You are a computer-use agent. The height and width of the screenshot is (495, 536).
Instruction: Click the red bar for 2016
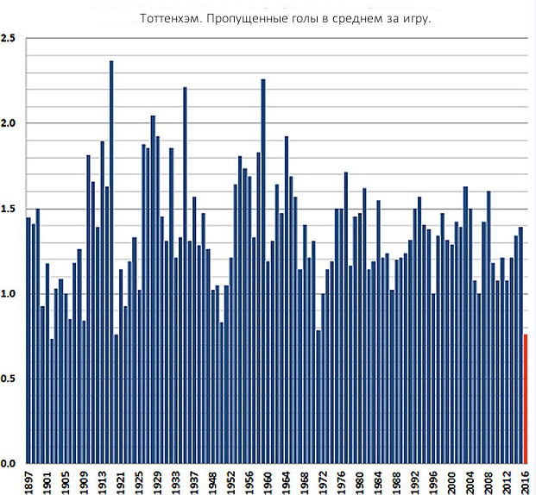[524, 398]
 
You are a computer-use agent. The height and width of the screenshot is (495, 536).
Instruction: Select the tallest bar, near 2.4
[111, 259]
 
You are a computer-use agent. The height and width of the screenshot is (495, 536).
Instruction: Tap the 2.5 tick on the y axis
[9, 39]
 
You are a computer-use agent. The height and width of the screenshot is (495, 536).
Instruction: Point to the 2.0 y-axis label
[9, 123]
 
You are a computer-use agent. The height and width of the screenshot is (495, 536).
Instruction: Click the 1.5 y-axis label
[9, 209]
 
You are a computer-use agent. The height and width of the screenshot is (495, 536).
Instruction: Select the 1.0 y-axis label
[9, 294]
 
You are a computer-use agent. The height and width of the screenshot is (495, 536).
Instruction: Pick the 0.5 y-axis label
[9, 379]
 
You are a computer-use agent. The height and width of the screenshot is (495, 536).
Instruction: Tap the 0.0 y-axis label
[9, 464]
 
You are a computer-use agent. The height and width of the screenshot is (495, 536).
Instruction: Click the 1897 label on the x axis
[28, 481]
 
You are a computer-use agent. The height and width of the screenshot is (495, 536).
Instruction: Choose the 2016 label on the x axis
[524, 481]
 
